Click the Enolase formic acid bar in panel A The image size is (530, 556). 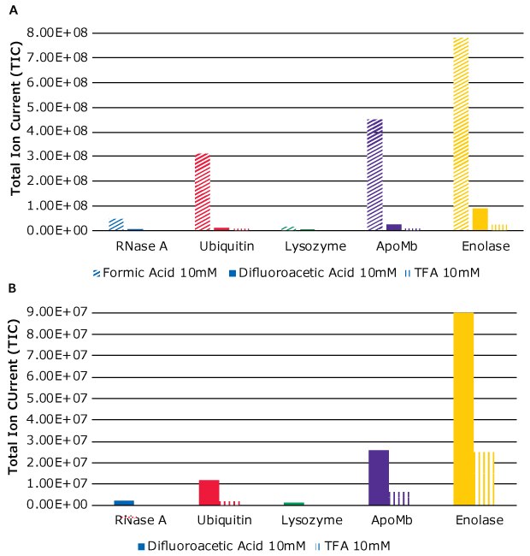click(461, 133)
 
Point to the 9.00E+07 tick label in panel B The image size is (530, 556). click(56, 312)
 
